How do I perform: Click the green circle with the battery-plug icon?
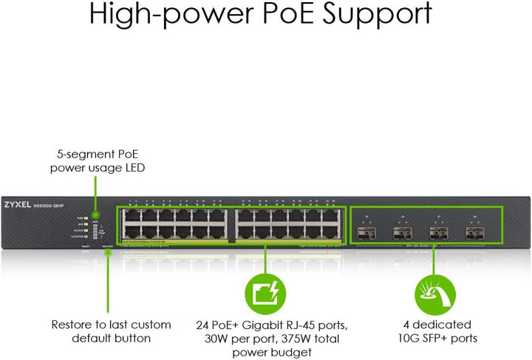pyautogui.click(x=265, y=294)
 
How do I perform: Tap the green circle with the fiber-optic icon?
pyautogui.click(x=434, y=294)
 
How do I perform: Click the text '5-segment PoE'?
pyautogui.click(x=98, y=154)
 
